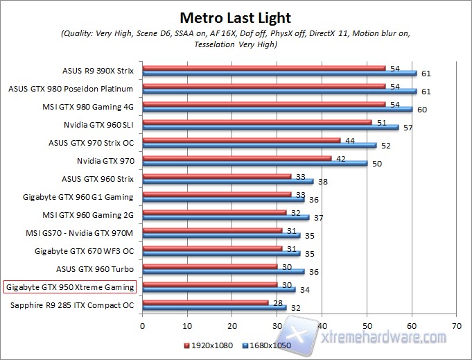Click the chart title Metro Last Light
click(x=236, y=17)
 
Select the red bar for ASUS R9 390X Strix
click(x=263, y=68)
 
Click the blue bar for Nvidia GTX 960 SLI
click(x=270, y=127)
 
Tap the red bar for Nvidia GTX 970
click(x=236, y=158)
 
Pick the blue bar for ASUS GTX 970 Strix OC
click(x=259, y=145)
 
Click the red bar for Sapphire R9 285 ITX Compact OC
click(x=205, y=302)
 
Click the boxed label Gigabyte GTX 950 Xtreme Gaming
click(x=69, y=286)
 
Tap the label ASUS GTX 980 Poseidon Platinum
click(x=70, y=89)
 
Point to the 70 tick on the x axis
click(x=455, y=324)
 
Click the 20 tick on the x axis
click(x=232, y=324)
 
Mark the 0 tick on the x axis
click(x=143, y=324)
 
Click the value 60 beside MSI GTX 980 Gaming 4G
click(x=422, y=110)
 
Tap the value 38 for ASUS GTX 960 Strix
click(x=323, y=182)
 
